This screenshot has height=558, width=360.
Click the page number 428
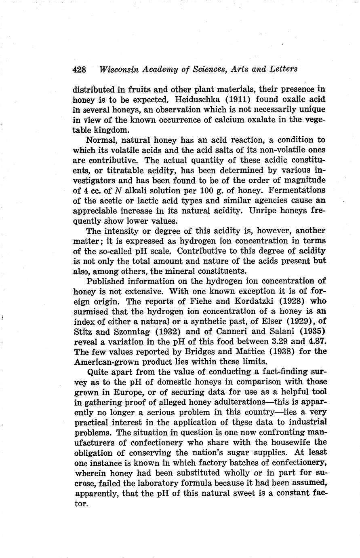80,69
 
